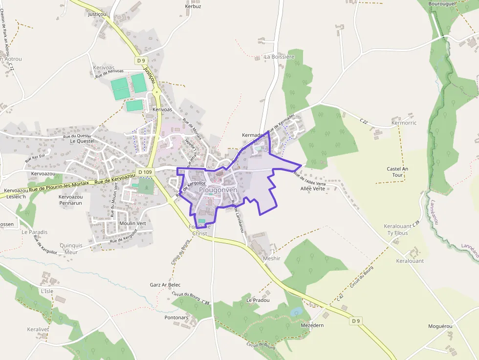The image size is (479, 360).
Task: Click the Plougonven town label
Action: pyautogui.click(x=218, y=190)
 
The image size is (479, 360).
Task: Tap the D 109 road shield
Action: pyautogui.click(x=145, y=172)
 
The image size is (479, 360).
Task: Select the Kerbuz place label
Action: pyautogui.click(x=193, y=6)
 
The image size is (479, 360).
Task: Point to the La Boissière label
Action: pyautogui.click(x=280, y=57)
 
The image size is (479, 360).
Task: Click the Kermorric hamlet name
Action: pyautogui.click(x=404, y=123)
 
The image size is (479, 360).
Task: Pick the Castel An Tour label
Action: pyautogui.click(x=397, y=172)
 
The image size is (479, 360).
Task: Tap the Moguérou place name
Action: pyautogui.click(x=440, y=326)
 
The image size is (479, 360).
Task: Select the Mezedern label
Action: pyautogui.click(x=312, y=325)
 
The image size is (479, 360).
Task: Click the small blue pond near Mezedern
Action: pyautogui.click(x=296, y=312)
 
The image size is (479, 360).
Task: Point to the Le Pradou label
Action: pyautogui.click(x=258, y=300)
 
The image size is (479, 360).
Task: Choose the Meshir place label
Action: pyautogui.click(x=272, y=258)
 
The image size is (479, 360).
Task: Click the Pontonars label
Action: pyautogui.click(x=176, y=318)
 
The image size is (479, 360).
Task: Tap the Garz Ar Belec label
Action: pyautogui.click(x=165, y=285)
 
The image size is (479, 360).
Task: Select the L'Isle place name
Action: pyautogui.click(x=47, y=291)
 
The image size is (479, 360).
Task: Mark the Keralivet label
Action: pyautogui.click(x=38, y=329)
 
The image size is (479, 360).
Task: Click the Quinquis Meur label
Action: pyautogui.click(x=68, y=249)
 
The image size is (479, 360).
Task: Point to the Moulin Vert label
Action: pyautogui.click(x=133, y=223)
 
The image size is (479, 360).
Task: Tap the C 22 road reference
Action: pyautogui.click(x=364, y=120)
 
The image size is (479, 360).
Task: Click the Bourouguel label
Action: pyautogui.click(x=442, y=3)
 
